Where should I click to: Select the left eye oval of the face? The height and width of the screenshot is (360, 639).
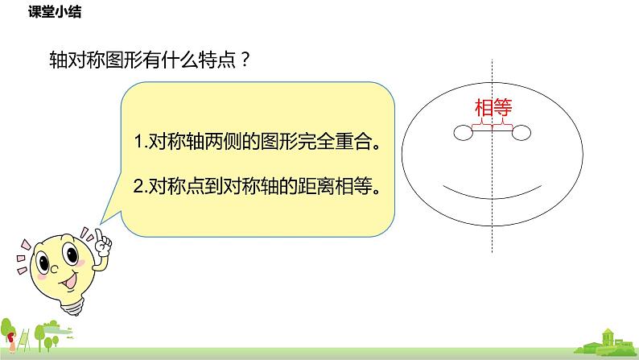pyautogui.click(x=463, y=133)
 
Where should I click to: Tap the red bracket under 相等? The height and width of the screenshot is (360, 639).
pyautogui.click(x=493, y=123)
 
